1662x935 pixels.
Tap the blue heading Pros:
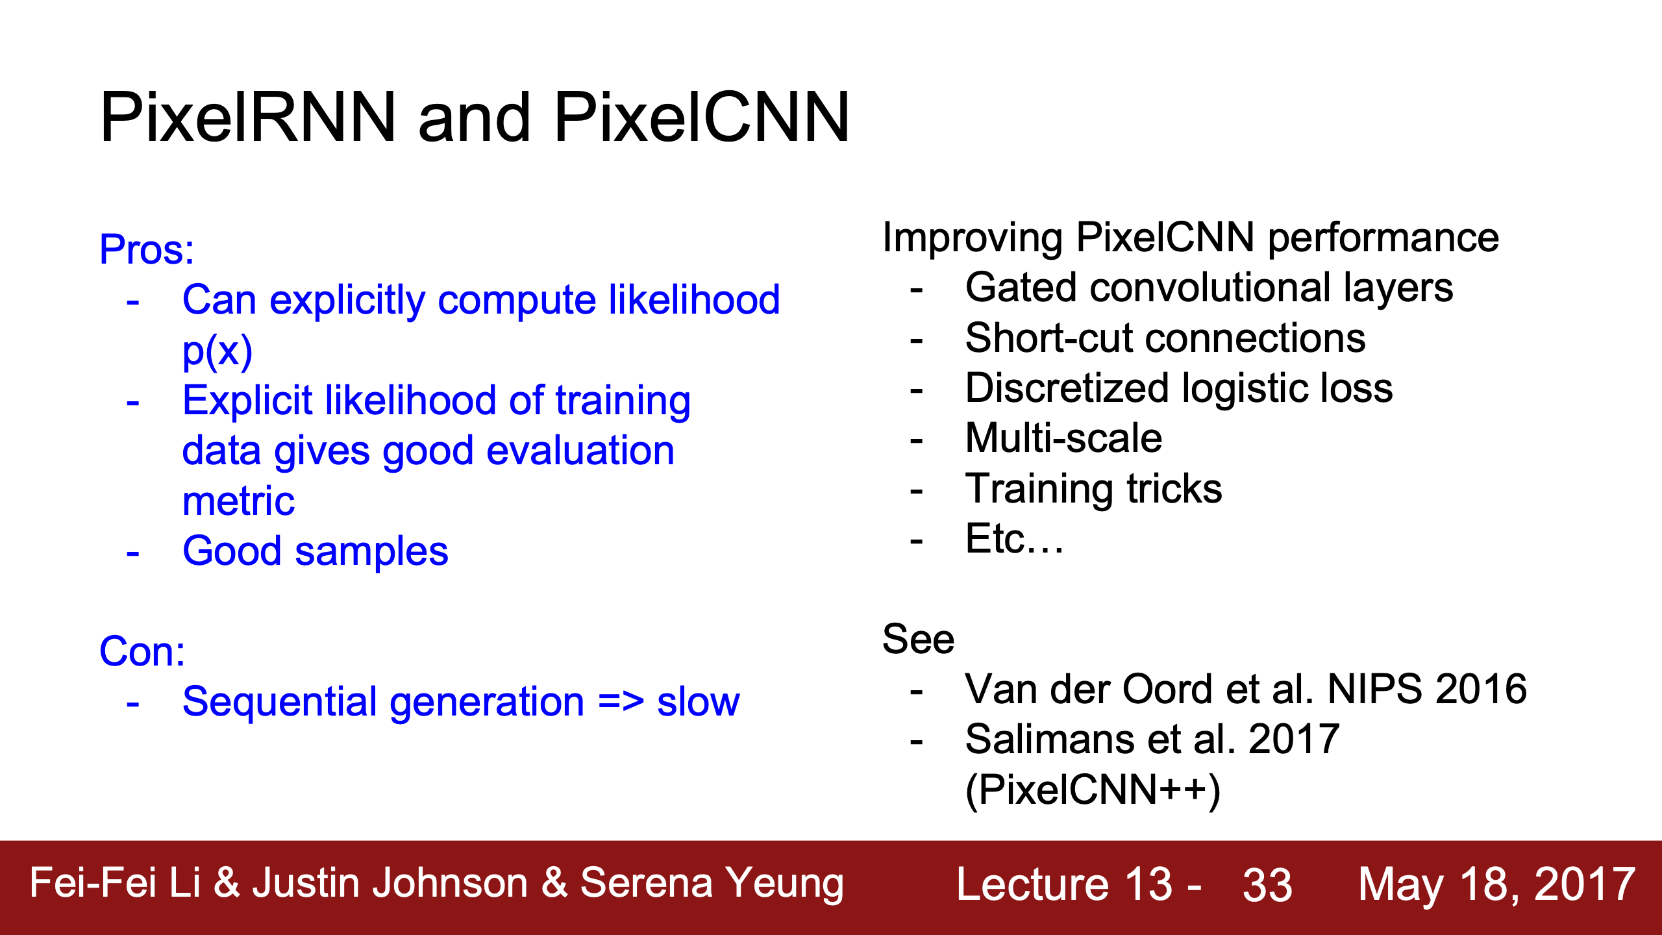point(147,250)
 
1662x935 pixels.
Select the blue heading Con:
point(142,651)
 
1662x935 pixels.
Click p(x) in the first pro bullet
point(217,351)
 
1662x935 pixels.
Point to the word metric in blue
point(238,501)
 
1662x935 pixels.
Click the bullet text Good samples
point(316,551)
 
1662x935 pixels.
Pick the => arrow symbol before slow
point(621,702)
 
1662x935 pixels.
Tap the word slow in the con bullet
point(699,702)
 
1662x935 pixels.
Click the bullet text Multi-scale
point(1063,438)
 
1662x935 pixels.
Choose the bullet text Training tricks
point(1094,489)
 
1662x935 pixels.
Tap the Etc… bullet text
point(1015,539)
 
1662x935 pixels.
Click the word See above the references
point(919,639)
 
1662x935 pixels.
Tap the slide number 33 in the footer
point(1267,885)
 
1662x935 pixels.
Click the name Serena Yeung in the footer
point(712,884)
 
